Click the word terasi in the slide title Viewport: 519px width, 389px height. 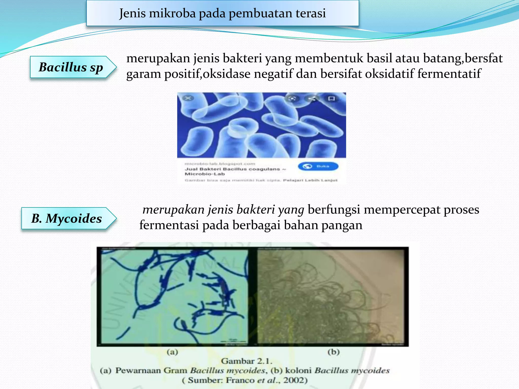pyautogui.click(x=311, y=13)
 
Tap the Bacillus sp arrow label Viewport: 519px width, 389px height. pyautogui.click(x=71, y=67)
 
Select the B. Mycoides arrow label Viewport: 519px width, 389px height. pyautogui.click(x=67, y=218)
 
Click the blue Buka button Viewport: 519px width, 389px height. pyautogui.click(x=318, y=166)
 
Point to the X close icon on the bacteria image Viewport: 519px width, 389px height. pyautogui.click(x=188, y=98)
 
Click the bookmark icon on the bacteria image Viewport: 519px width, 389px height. pyautogui.click(x=331, y=99)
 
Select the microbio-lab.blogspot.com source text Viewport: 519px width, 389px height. pyautogui.click(x=220, y=164)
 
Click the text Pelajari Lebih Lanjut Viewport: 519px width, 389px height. pyautogui.click(x=310, y=180)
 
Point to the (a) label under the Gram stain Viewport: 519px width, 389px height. pyautogui.click(x=172, y=352)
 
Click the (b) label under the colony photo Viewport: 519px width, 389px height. pyautogui.click(x=333, y=352)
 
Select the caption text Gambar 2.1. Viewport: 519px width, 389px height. pyautogui.click(x=247, y=361)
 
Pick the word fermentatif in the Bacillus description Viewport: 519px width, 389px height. pyautogui.click(x=449, y=74)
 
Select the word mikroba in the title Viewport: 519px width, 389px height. pyautogui.click(x=172, y=13)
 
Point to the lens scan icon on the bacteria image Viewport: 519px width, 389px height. pyautogui.click(x=292, y=99)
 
